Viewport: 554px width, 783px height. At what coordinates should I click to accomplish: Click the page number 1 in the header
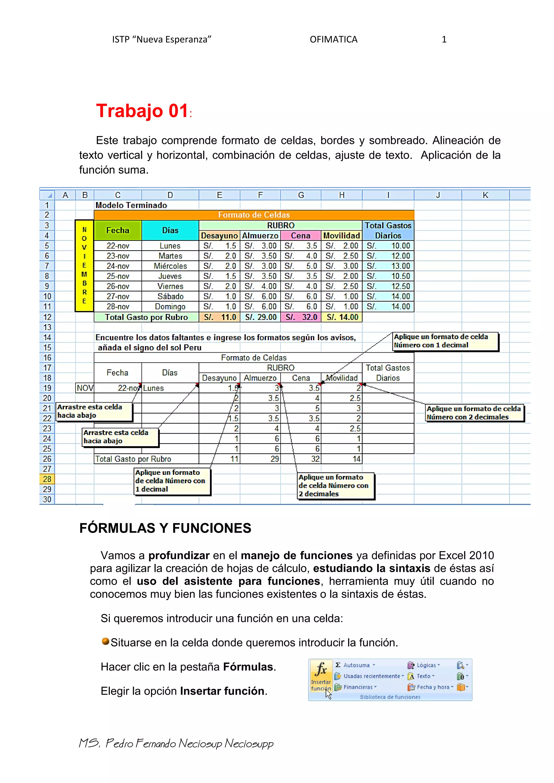pyautogui.click(x=444, y=39)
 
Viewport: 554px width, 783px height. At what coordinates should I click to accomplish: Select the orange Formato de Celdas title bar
pyautogui.click(x=254, y=215)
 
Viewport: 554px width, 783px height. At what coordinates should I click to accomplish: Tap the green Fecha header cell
pyautogui.click(x=118, y=230)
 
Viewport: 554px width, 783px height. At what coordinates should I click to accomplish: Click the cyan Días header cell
pyautogui.click(x=170, y=230)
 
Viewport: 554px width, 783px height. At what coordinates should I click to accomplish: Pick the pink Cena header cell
pyautogui.click(x=301, y=236)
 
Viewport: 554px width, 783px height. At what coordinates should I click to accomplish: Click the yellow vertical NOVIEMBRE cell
pyautogui.click(x=84, y=266)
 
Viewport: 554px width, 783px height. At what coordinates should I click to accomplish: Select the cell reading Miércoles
pyautogui.click(x=170, y=266)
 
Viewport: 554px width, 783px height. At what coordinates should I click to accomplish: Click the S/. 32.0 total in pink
pyautogui.click(x=301, y=317)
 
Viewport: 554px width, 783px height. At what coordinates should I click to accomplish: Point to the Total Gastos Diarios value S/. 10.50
pyautogui.click(x=388, y=276)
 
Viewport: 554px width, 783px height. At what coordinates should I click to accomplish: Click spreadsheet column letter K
pyautogui.click(x=486, y=195)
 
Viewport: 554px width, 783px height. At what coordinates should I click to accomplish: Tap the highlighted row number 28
pyautogui.click(x=47, y=479)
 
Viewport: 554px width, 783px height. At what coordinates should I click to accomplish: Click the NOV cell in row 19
pyautogui.click(x=85, y=388)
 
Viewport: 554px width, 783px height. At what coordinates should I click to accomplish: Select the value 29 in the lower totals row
pyautogui.click(x=275, y=459)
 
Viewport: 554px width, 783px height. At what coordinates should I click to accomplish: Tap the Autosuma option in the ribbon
pyautogui.click(x=356, y=665)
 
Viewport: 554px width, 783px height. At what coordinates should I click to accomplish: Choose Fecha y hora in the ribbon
pyautogui.click(x=433, y=687)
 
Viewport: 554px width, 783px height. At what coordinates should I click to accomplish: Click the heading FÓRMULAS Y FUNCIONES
pyautogui.click(x=165, y=528)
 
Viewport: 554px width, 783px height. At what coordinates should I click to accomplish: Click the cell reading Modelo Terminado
pyautogui.click(x=131, y=205)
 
